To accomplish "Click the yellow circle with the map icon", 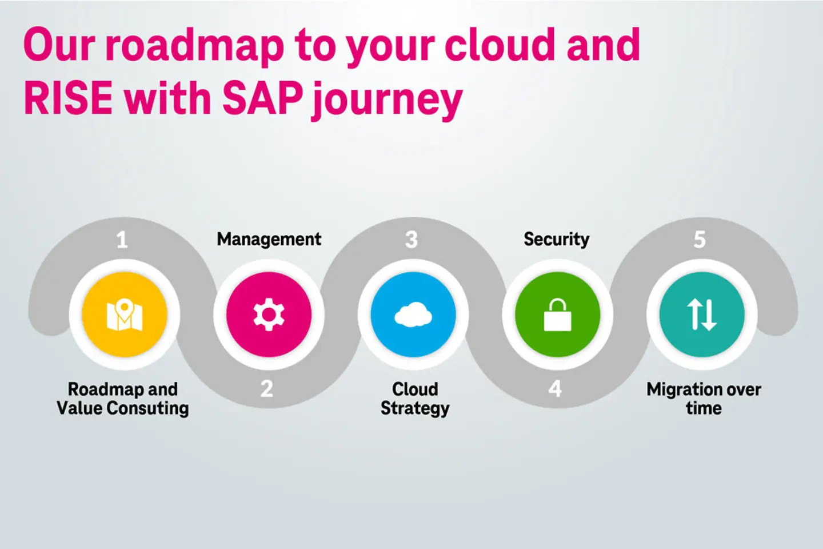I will pos(125,315).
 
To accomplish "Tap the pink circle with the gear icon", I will pos(269,315).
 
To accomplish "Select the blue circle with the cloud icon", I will pos(413,315).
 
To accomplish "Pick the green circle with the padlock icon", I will pos(557,315).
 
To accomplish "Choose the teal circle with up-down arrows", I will pos(702,315).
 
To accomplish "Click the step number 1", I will pos(122,240).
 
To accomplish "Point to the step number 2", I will pos(267,389).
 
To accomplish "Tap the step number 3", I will pos(411,240).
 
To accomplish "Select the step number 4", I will pos(555,389).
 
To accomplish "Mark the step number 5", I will pos(700,240).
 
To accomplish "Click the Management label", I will pos(269,239).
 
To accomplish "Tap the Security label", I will pos(556,239).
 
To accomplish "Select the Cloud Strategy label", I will pos(415,399).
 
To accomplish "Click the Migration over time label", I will pos(704,399).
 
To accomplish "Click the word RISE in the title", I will pos(68,98).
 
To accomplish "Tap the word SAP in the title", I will pos(262,98).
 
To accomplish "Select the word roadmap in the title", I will pos(195,46).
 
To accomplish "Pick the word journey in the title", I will pos(387,101).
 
